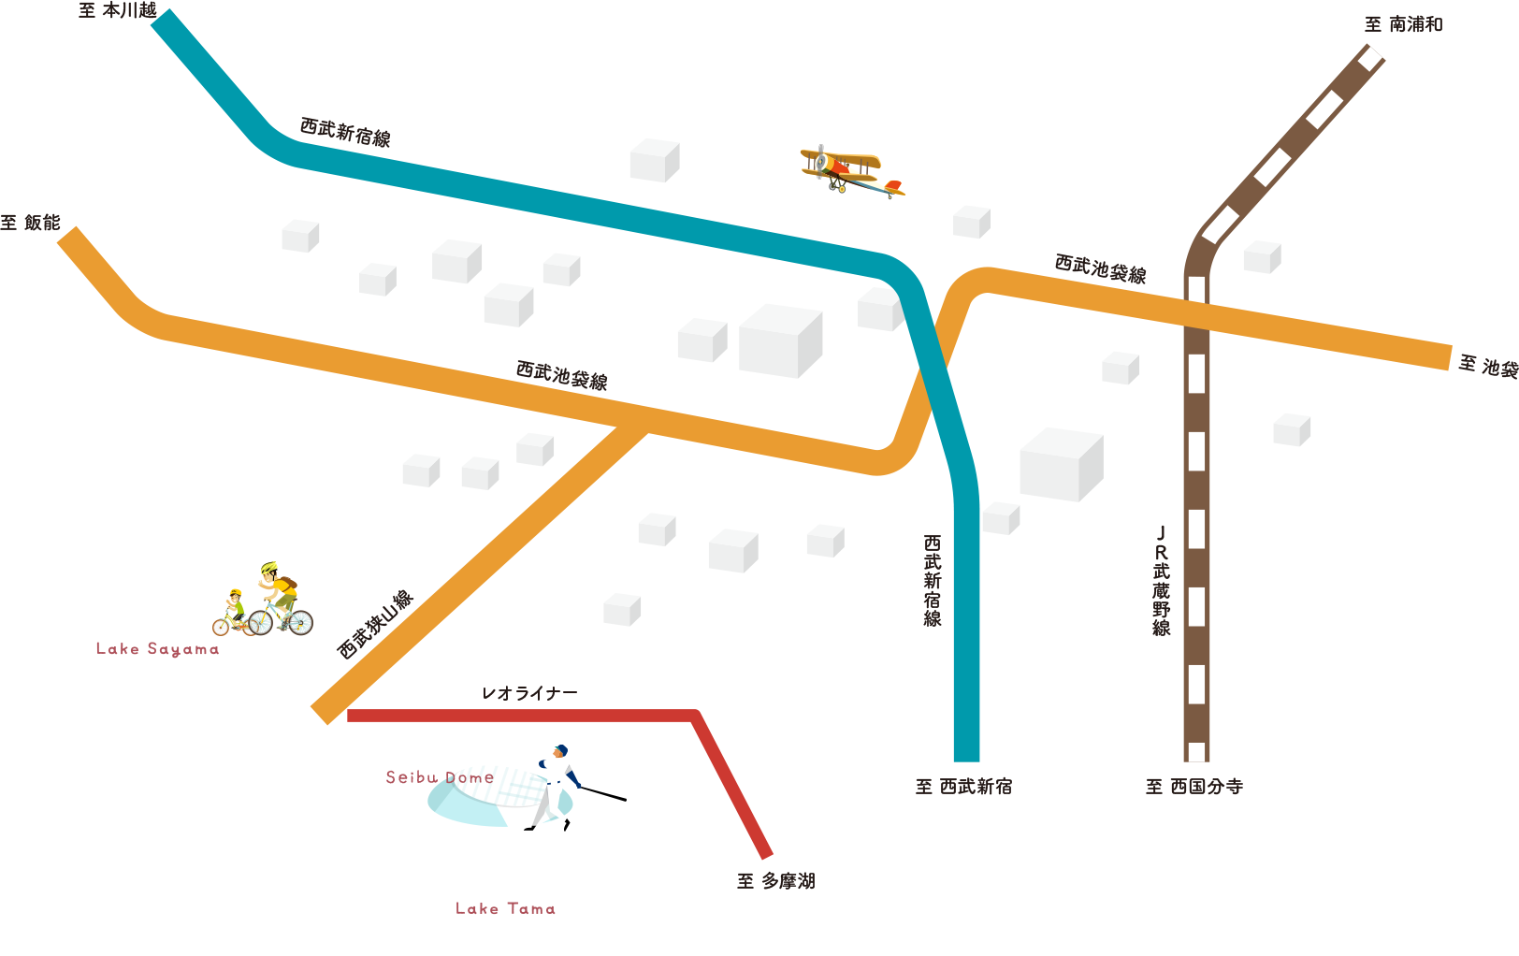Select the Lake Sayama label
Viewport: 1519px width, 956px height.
157,649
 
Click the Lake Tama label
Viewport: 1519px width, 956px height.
505,908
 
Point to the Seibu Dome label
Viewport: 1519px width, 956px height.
440,777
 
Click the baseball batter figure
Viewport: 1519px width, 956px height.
557,786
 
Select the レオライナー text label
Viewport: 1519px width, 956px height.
529,693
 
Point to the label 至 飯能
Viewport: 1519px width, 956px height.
30,223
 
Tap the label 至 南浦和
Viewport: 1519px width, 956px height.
1403,24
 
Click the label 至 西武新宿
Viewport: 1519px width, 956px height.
963,787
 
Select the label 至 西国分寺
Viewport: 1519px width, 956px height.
1194,787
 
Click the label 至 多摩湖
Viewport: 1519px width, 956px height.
775,880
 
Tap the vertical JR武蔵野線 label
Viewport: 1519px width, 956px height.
1161,580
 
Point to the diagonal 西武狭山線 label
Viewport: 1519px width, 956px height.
375,624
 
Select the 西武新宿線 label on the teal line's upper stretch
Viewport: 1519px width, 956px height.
345,132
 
